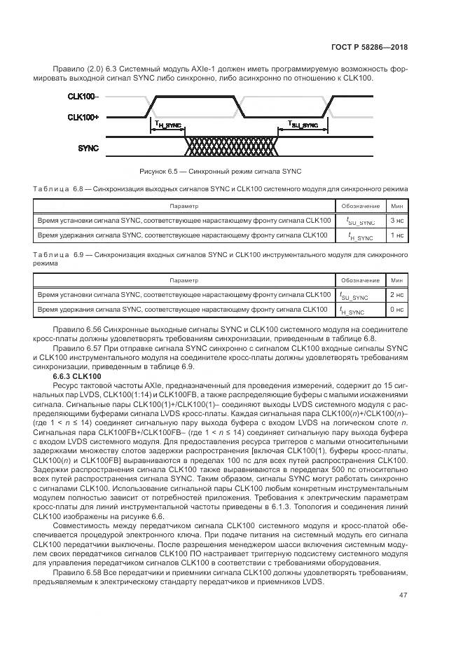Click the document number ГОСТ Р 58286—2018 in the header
(369, 48)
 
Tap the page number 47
(403, 595)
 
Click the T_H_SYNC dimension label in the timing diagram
(168, 125)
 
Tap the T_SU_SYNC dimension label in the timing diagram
(303, 124)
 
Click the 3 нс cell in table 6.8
(396, 221)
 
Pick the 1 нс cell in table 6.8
(396, 235)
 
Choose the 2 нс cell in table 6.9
(396, 295)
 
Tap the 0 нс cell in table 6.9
(396, 310)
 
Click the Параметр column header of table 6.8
(184, 207)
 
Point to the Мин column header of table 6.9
(396, 281)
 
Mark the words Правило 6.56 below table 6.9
(75, 329)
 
